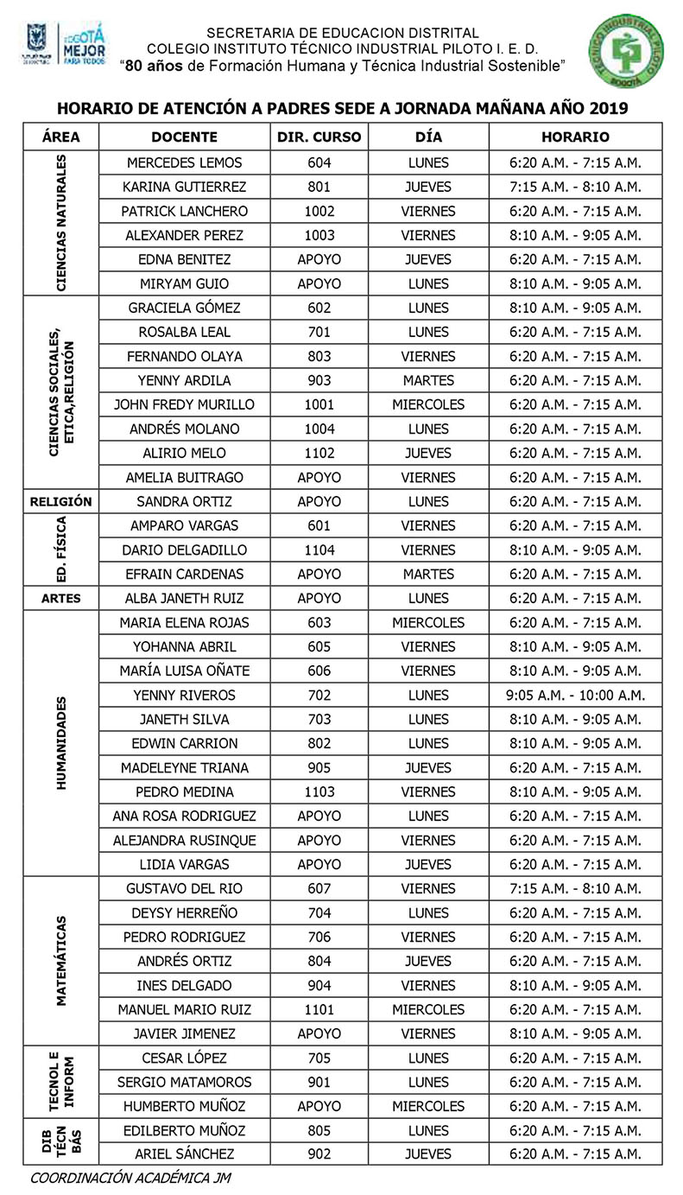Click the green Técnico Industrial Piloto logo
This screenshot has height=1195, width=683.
[627, 50]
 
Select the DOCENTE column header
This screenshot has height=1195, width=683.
[184, 137]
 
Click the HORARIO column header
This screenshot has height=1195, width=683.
[575, 137]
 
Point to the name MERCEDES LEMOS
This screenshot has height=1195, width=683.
[184, 162]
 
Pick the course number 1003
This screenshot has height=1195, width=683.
[319, 235]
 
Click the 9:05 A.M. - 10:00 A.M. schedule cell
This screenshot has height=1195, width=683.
[575, 695]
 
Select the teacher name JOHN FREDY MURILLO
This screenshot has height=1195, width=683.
[184, 404]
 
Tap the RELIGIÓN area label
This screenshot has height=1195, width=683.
[60, 501]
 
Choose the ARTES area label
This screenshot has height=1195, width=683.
[60, 598]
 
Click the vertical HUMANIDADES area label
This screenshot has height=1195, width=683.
[61, 743]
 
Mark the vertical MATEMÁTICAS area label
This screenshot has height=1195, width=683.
[61, 961]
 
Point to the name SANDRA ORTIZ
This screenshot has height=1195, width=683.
[184, 501]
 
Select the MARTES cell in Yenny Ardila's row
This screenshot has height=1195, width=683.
[428, 380]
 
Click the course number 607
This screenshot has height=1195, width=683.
[319, 888]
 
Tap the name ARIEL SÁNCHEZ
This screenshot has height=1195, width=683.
[184, 1154]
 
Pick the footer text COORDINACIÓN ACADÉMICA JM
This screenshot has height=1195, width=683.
[130, 1178]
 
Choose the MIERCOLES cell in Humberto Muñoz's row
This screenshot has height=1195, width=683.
[428, 1106]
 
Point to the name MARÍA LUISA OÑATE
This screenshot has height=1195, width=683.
[184, 671]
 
